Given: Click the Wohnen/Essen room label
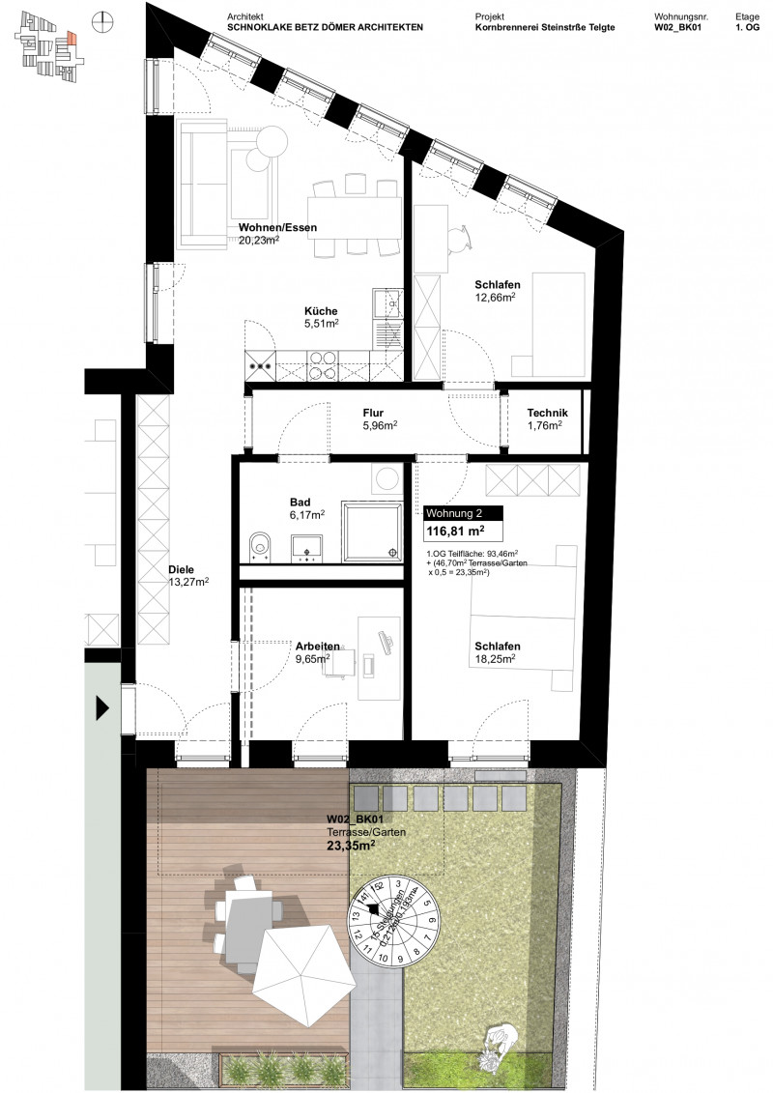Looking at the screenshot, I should coord(278,229).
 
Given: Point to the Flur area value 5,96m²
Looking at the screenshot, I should coord(380,424).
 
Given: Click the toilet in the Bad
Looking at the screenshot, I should coord(258,546).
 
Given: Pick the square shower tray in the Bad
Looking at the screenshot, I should coord(374,529).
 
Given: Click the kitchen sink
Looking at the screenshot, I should coord(392,304).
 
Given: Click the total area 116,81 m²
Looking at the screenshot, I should coord(455,532).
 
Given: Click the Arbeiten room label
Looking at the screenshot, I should coord(317,646).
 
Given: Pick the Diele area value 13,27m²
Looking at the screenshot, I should coord(187,582).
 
